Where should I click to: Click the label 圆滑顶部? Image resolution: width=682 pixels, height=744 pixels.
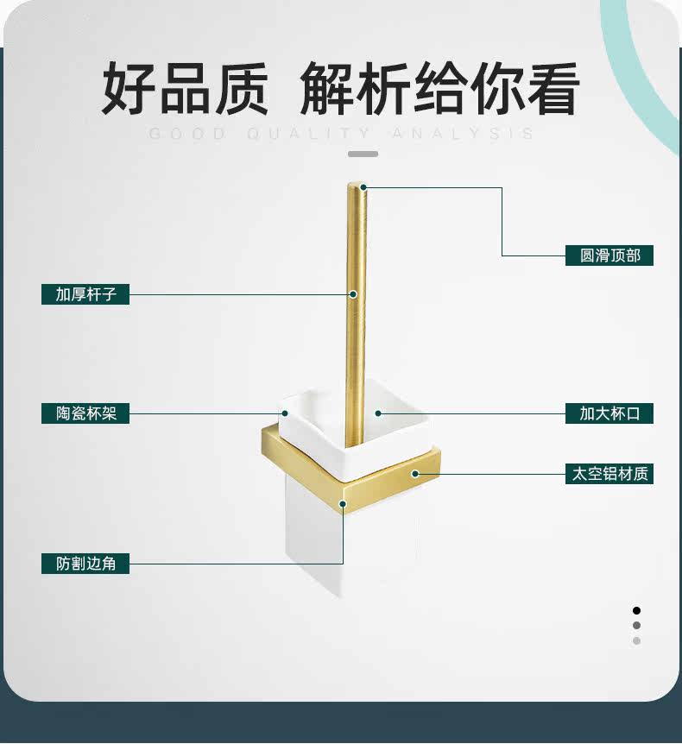[x=609, y=255]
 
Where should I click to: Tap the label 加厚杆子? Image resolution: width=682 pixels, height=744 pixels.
[x=85, y=294]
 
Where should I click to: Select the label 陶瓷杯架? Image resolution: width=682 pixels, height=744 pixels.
[x=85, y=413]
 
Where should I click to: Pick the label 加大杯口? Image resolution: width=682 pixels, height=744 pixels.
[x=609, y=413]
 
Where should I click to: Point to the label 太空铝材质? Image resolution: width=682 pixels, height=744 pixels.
[x=609, y=474]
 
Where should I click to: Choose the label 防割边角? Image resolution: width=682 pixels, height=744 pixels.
[x=85, y=564]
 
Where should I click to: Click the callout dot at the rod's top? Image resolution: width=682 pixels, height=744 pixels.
[x=363, y=186]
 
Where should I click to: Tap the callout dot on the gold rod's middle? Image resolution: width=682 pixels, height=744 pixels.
[x=353, y=294]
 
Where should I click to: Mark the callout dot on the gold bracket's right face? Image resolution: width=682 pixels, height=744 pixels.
[x=415, y=474]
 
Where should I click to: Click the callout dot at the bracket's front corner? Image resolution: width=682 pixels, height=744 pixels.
[x=343, y=504]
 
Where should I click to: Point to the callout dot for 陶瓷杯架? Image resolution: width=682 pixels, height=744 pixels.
[x=284, y=413]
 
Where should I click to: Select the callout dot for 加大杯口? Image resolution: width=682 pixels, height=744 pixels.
[x=377, y=413]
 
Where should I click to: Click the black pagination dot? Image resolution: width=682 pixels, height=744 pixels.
[x=636, y=610]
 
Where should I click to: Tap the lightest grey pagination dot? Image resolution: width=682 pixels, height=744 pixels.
[x=636, y=640]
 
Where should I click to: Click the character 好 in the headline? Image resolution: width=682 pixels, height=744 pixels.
[x=129, y=90]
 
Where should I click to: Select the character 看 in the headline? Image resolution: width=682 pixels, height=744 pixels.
[x=550, y=90]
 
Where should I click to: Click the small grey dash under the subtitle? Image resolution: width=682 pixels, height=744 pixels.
[x=363, y=154]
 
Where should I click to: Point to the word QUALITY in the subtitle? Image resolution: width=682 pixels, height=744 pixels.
[x=308, y=134]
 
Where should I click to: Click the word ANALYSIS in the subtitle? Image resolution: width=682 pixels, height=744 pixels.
[x=462, y=134]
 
